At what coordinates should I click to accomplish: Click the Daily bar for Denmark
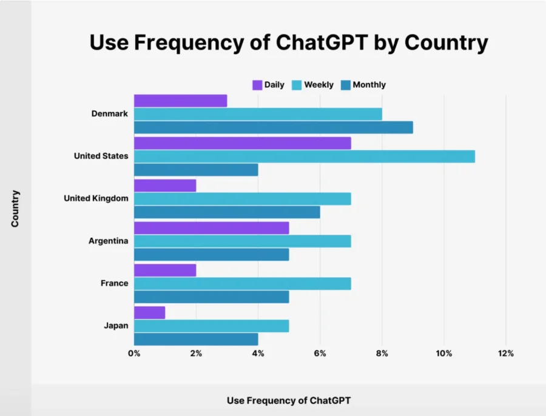tap(180, 101)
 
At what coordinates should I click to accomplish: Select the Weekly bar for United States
tap(304, 156)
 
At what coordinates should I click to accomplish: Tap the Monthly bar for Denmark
tap(273, 127)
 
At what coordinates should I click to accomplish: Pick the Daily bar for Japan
tap(149, 313)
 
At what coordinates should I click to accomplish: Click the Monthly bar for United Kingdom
tap(227, 212)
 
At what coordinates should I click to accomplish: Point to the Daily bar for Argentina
tap(211, 228)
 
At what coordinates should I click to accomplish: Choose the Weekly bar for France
tap(242, 284)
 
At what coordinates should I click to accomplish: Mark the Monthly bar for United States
tap(196, 170)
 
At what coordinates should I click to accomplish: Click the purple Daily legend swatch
tap(257, 85)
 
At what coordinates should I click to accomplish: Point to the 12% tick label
tap(505, 354)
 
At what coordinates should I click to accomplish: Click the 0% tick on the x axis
tap(134, 354)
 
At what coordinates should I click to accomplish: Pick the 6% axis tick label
tap(320, 354)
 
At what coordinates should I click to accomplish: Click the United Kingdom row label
tap(96, 198)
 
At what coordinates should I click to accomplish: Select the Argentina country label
tap(108, 241)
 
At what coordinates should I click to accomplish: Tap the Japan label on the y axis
tap(115, 326)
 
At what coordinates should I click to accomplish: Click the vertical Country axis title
tap(15, 209)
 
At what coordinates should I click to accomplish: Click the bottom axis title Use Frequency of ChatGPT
tap(289, 400)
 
